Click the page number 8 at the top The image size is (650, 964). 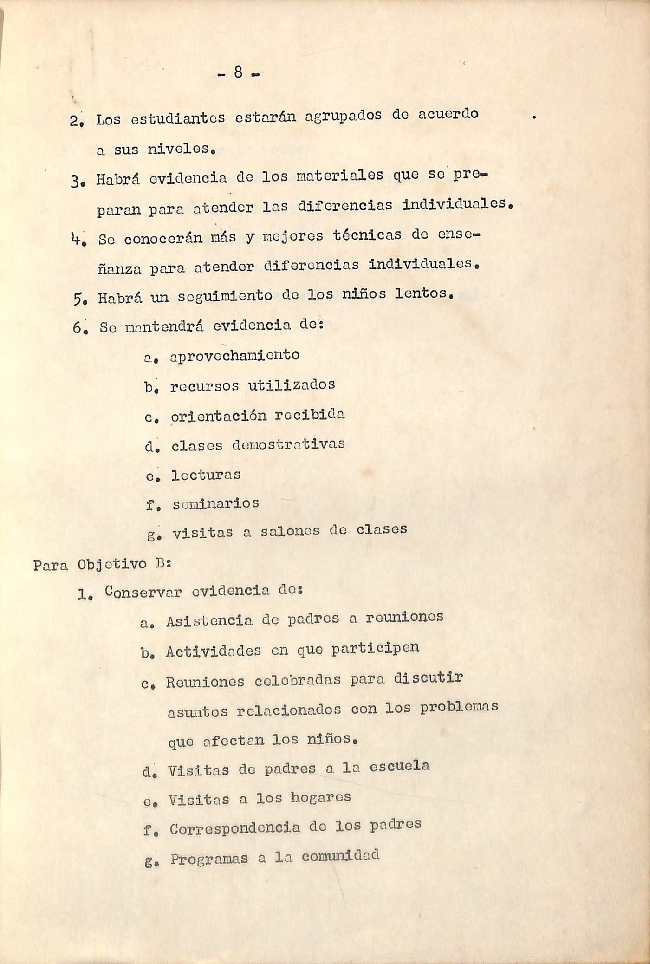click(x=238, y=72)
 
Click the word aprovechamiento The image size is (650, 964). click(x=234, y=356)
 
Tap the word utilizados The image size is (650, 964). click(x=292, y=385)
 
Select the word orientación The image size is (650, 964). click(x=219, y=416)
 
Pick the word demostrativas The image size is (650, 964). click(x=288, y=444)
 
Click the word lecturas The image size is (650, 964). click(x=206, y=475)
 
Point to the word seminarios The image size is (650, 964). click(x=215, y=503)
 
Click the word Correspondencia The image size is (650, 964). click(x=234, y=828)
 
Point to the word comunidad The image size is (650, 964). click(x=340, y=855)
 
